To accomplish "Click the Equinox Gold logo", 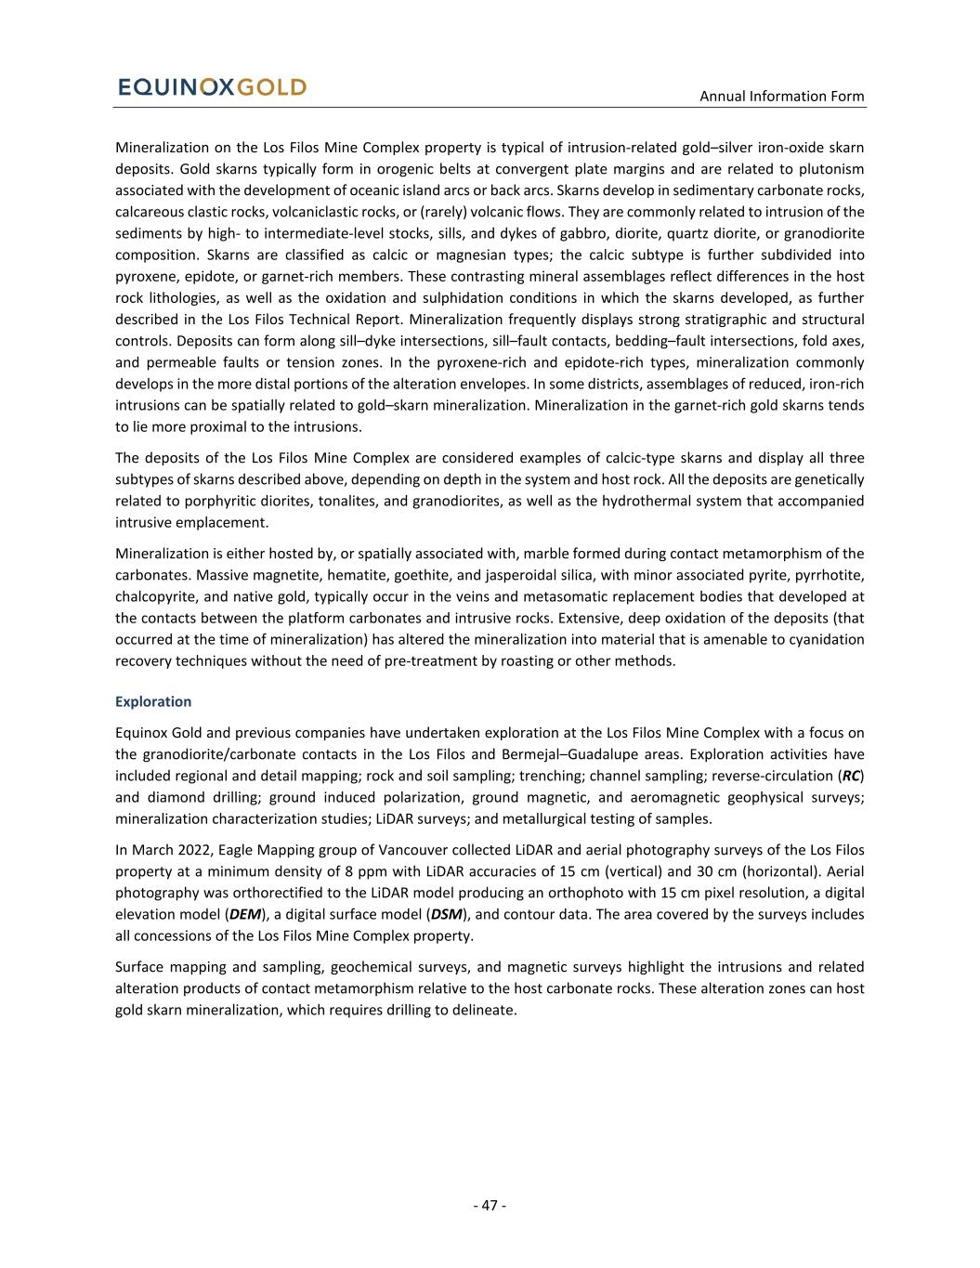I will point(212,87).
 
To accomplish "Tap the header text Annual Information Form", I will point(781,96).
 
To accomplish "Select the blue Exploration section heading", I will point(153,701).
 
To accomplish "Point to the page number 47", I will point(490,1205).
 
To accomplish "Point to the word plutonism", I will point(831,169).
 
